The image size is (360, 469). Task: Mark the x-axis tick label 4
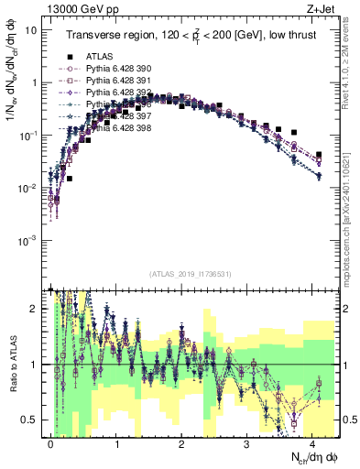click(312, 442)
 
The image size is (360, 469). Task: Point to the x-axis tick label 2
click(181, 442)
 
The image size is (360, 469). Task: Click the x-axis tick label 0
click(51, 442)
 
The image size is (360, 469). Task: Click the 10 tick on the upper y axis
click(31, 29)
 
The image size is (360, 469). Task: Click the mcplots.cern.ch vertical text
click(353, 229)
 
